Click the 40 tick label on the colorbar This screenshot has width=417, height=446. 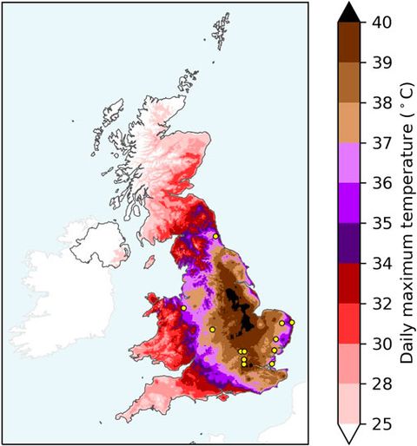coord(378,24)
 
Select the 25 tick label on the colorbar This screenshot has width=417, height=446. coord(378,423)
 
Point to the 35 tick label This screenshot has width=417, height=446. coord(378,224)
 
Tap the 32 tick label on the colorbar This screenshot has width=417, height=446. coord(378,304)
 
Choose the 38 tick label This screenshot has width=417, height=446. coord(378,104)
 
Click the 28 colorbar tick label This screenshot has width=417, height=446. coord(378,384)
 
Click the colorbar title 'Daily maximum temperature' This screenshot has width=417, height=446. coord(406,224)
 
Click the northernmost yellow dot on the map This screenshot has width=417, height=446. coord(215,236)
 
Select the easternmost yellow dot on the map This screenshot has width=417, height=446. coord(292,323)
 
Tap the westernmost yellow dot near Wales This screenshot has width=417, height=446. coord(184,307)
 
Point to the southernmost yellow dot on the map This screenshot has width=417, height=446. coord(272,364)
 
